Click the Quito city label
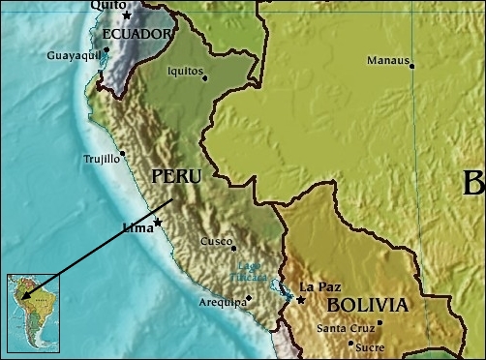click(x=106, y=5)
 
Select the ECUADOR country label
click(x=137, y=35)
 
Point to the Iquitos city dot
click(x=205, y=78)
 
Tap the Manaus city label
click(x=386, y=60)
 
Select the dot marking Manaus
click(x=411, y=66)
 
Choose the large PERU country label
click(x=176, y=177)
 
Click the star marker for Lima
click(x=158, y=223)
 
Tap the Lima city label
click(x=138, y=229)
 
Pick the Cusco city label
click(x=215, y=242)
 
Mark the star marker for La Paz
click(x=301, y=299)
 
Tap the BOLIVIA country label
click(x=367, y=305)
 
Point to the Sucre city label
click(x=370, y=346)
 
